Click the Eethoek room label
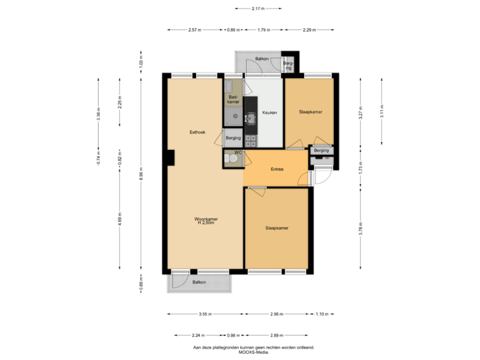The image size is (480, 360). click(197, 133)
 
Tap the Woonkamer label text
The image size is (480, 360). click(205, 219)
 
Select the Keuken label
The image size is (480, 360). click(269, 113)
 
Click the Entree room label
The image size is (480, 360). click(277, 169)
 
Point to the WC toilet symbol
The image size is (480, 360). click(229, 158)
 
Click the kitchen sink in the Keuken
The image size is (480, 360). click(251, 119)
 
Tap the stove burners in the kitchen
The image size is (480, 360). click(251, 140)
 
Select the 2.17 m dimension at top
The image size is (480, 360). click(258, 9)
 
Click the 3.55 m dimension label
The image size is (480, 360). click(205, 314)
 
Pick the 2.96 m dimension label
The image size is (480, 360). click(277, 314)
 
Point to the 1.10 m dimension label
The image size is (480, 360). click(321, 314)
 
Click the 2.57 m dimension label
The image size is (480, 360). click(195, 30)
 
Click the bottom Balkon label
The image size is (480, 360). click(199, 283)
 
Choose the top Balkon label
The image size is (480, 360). click(261, 59)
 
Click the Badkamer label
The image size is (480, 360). click(233, 99)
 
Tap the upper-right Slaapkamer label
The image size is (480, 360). click(311, 113)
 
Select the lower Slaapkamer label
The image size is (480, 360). click(277, 229)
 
